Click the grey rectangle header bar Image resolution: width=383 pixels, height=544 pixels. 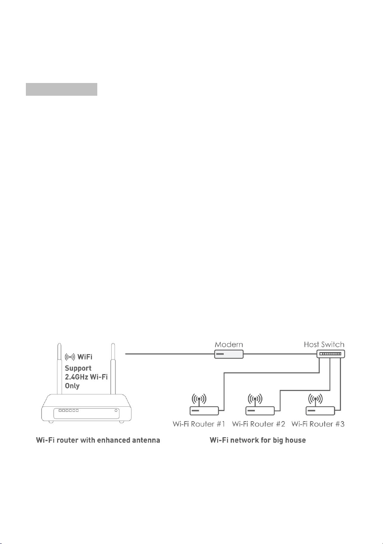click(x=62, y=90)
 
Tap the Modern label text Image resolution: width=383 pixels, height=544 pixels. click(x=229, y=344)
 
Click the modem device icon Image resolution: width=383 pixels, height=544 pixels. click(x=229, y=354)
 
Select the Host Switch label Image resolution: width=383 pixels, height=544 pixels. click(x=324, y=344)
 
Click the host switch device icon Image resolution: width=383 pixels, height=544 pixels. click(x=330, y=354)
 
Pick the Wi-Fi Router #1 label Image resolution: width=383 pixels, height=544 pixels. click(x=199, y=424)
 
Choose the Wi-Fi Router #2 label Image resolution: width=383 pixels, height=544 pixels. click(x=259, y=424)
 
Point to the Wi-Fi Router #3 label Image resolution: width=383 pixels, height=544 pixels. click(x=318, y=424)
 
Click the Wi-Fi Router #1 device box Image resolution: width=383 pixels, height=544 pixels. click(x=204, y=411)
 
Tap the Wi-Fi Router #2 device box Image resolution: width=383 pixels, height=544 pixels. click(x=260, y=411)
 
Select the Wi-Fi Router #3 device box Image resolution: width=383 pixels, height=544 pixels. click(x=320, y=411)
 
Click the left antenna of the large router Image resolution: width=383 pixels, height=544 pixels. click(x=60, y=369)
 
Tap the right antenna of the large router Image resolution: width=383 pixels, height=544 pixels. click(x=113, y=369)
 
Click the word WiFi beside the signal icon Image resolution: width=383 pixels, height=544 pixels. click(x=85, y=357)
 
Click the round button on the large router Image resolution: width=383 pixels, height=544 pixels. click(x=116, y=410)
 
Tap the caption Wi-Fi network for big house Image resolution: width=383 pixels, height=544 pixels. click(x=257, y=440)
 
